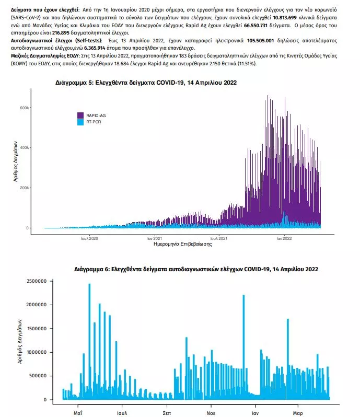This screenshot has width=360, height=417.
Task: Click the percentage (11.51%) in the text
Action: coord(248,63)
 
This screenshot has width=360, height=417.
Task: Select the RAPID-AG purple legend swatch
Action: coord(81,115)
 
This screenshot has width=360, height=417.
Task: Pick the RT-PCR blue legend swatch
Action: coord(81,122)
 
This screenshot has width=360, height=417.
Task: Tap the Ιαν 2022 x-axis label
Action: coord(284,238)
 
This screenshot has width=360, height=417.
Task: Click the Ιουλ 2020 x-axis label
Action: coord(89,238)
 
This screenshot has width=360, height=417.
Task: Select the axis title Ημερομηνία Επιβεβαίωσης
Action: coord(182,244)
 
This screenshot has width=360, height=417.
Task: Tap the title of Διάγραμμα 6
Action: coord(196,269)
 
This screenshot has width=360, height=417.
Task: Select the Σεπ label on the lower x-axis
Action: coord(167,406)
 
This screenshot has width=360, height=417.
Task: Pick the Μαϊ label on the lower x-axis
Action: coord(78,406)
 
